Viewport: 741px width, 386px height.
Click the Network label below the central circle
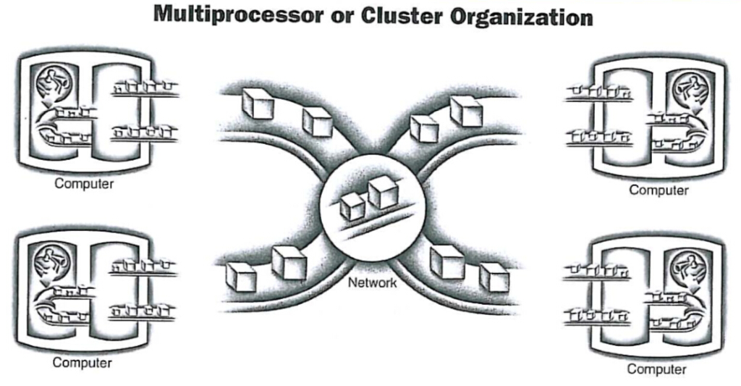coord(373,283)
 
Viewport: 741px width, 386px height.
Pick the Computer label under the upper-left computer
coord(84,183)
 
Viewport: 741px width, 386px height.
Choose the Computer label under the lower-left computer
coord(82,362)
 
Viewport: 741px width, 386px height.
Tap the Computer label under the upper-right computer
coord(659,190)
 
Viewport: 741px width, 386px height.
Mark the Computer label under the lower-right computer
coord(656,369)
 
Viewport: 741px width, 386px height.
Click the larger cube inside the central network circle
coord(384,193)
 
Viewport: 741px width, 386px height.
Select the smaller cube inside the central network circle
coord(353,206)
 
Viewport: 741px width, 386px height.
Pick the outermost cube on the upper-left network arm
coord(257,105)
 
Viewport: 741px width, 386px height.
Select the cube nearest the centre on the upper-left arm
coord(317,122)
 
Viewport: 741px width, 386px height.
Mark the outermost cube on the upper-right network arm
coord(466,111)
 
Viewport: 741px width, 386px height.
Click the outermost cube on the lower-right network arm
coord(494,277)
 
